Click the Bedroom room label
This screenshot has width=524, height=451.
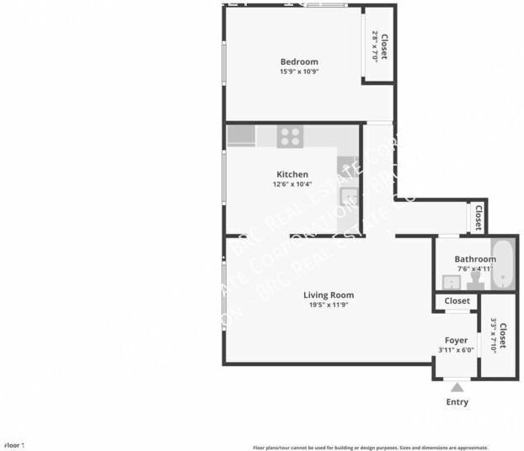[299, 61]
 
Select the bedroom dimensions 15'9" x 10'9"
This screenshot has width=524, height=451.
[299, 72]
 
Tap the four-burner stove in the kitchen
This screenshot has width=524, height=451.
[291, 135]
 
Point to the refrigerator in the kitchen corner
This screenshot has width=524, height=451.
[241, 135]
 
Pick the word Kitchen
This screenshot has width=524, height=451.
[292, 174]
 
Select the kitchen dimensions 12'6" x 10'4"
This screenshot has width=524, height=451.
[292, 184]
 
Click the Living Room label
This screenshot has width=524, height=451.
[329, 294]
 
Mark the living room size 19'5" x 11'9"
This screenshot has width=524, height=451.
[329, 305]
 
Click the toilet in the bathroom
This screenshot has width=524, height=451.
[474, 279]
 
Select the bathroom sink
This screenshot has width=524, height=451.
[450, 282]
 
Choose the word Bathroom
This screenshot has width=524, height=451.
[475, 259]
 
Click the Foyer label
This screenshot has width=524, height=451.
[456, 340]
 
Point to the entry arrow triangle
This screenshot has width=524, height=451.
[457, 387]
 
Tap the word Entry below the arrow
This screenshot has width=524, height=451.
[457, 402]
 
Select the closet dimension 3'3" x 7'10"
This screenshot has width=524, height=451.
[494, 334]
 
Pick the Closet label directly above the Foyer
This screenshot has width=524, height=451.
[457, 300]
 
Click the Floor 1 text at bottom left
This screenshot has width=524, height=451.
[14, 445]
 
